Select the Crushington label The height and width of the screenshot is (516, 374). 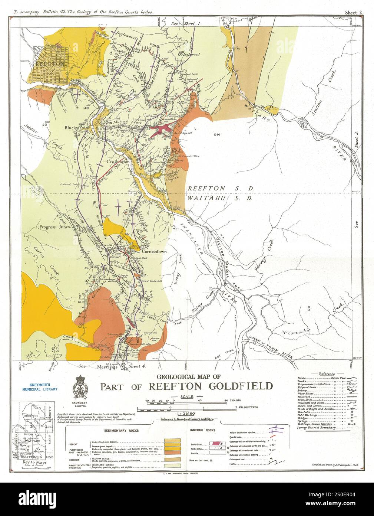[118, 162]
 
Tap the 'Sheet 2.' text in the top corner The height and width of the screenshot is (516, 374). [354, 13]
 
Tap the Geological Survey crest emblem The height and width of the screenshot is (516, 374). [81, 388]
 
